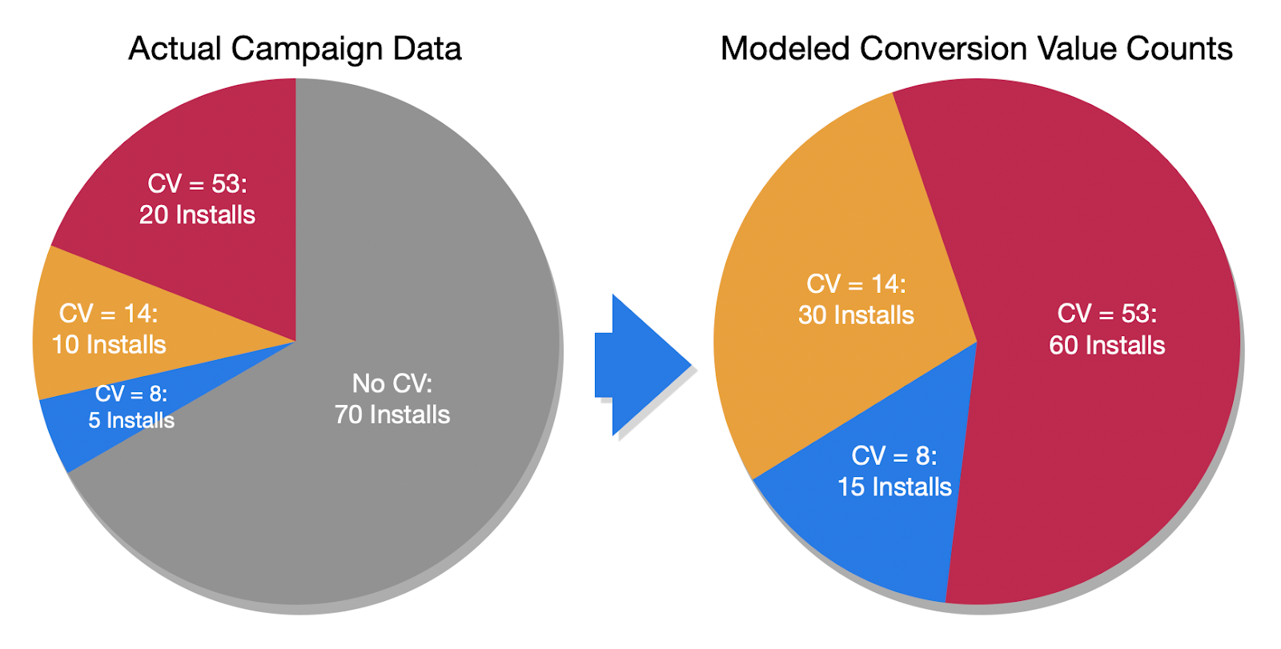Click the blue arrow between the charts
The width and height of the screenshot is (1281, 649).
(640, 365)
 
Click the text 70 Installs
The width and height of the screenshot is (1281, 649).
(392, 415)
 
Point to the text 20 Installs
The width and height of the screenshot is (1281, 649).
(197, 214)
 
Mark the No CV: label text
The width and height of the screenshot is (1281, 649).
(392, 383)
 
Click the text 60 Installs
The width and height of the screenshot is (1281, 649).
(1107, 345)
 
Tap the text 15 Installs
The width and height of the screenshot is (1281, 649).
(894, 487)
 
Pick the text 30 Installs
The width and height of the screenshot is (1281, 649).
(856, 314)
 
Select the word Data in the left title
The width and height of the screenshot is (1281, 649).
(427, 49)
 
